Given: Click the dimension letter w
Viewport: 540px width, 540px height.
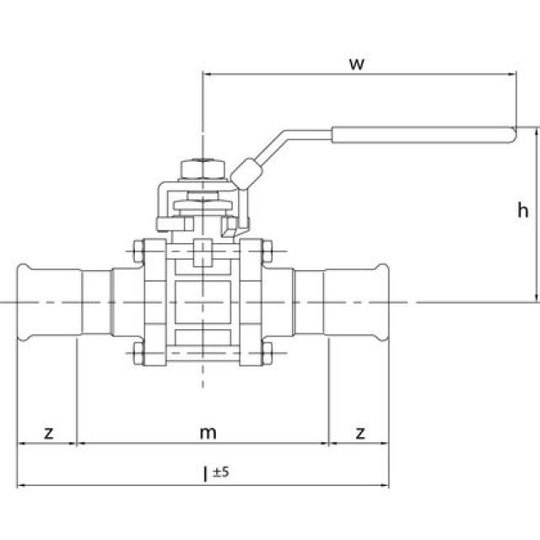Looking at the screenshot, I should point(357,64).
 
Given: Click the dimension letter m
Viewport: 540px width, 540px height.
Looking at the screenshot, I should point(208,433).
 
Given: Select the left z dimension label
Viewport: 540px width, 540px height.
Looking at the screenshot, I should point(49,433).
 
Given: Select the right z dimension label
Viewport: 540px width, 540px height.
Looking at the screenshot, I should point(360,433).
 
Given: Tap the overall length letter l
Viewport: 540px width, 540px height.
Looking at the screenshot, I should point(204,475).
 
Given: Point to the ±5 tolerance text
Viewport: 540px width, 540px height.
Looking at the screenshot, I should point(221,472).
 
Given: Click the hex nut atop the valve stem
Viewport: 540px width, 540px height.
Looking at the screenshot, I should point(202,168).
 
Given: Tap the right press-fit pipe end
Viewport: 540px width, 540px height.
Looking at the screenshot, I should point(358,301).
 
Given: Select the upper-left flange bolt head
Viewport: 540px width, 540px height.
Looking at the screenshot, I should point(137,251).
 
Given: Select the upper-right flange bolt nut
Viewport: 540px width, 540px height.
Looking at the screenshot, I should point(267,251).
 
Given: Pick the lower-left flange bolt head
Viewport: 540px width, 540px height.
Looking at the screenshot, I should point(137,352).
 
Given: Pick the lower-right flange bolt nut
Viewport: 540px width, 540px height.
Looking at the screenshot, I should point(267,352).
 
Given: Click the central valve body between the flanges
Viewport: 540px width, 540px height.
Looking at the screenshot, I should point(202,301).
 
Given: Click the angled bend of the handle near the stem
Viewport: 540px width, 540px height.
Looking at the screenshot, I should point(247,170).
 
